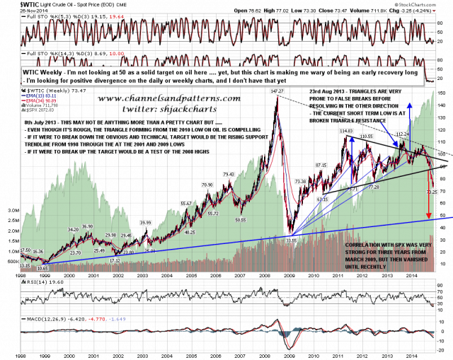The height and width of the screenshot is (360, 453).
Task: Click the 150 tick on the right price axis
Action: coord(442,93)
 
